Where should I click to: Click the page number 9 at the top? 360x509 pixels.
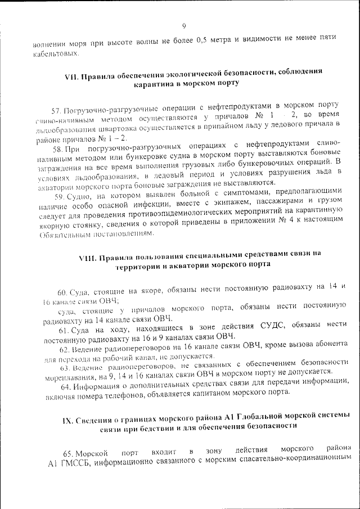point(184,25)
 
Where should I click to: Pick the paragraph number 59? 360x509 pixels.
point(60,197)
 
